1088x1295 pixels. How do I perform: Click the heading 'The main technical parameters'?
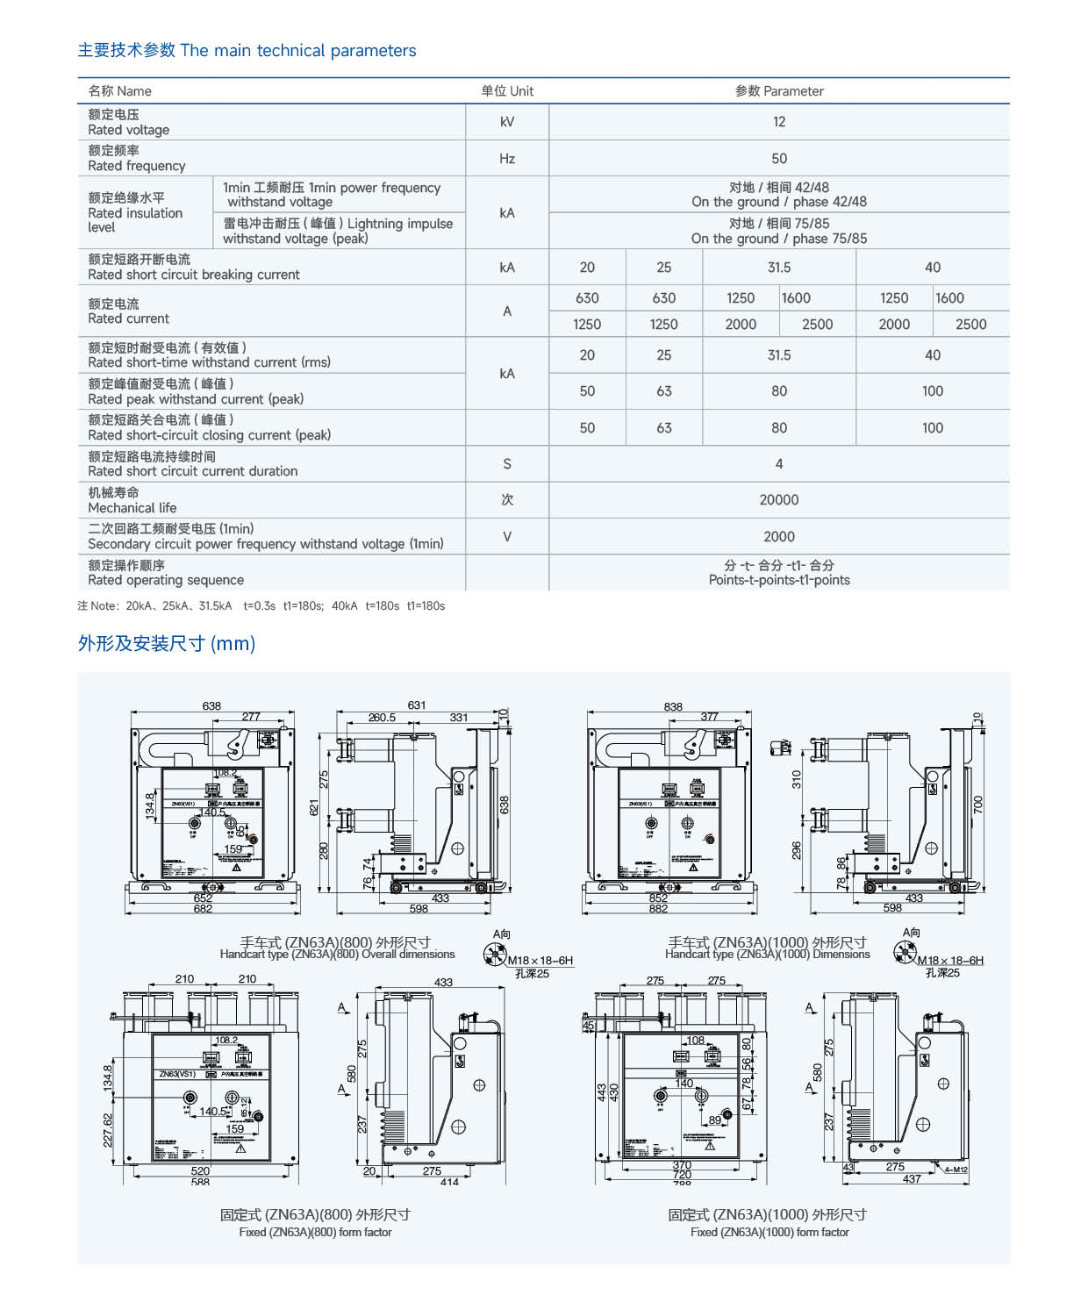coord(298,51)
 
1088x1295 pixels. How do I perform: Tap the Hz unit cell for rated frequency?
coord(507,159)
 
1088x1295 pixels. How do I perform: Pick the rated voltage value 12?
coord(779,122)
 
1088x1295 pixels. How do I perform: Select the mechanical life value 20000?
coord(779,500)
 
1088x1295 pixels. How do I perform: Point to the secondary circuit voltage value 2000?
coord(779,537)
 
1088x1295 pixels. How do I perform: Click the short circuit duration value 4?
coord(779,464)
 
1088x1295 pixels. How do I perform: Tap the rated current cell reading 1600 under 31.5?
coord(796,298)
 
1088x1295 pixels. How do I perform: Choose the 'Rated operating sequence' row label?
coord(166,580)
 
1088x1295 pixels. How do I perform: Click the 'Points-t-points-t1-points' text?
coord(779,580)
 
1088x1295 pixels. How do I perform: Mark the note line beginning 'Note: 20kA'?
coord(261,606)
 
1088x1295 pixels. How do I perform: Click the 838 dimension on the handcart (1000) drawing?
coord(673,706)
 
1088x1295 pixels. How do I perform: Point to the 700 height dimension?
coord(978,805)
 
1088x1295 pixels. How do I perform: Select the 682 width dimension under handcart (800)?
coord(203,909)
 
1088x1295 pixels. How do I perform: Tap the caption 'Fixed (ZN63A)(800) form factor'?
coord(315,1233)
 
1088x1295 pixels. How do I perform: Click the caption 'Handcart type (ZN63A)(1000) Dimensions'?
coord(768,955)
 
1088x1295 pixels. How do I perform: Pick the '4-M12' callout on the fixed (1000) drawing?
coord(956,1170)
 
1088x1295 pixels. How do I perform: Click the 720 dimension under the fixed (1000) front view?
coord(682,1175)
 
